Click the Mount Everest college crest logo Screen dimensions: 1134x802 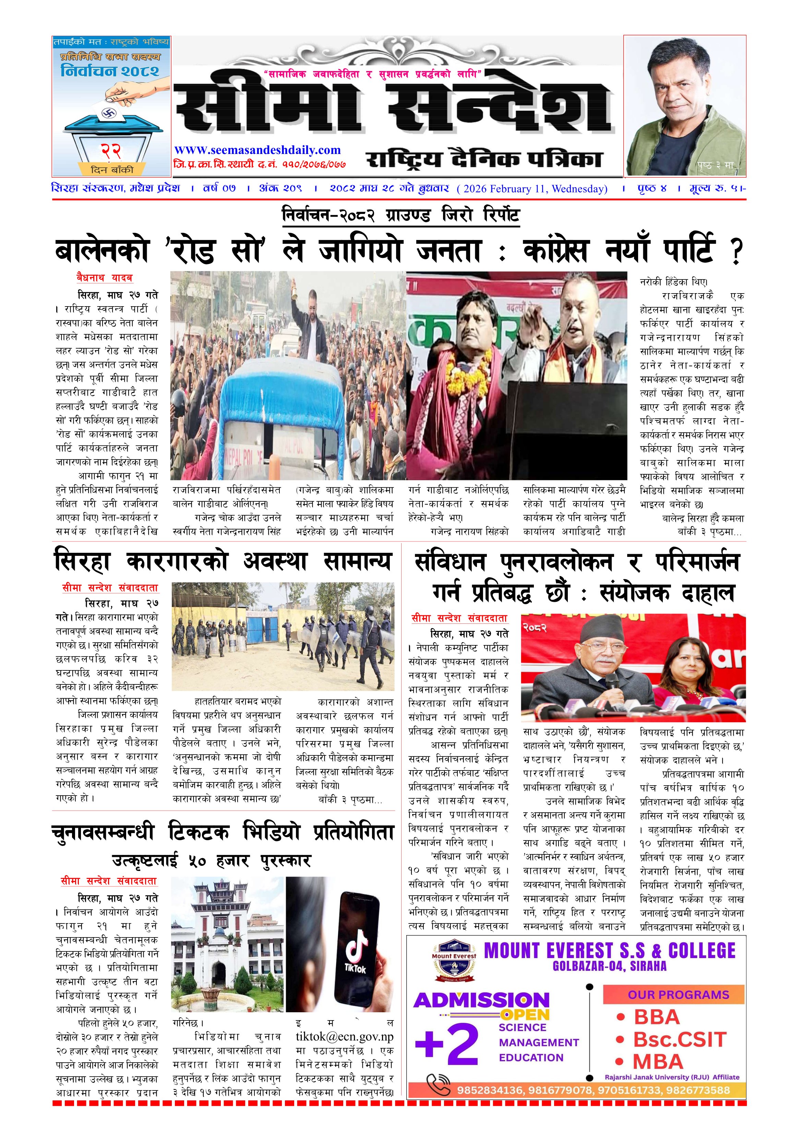[454, 962]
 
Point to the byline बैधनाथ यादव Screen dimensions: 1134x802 [104, 278]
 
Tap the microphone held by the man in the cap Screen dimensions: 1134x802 [611, 682]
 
